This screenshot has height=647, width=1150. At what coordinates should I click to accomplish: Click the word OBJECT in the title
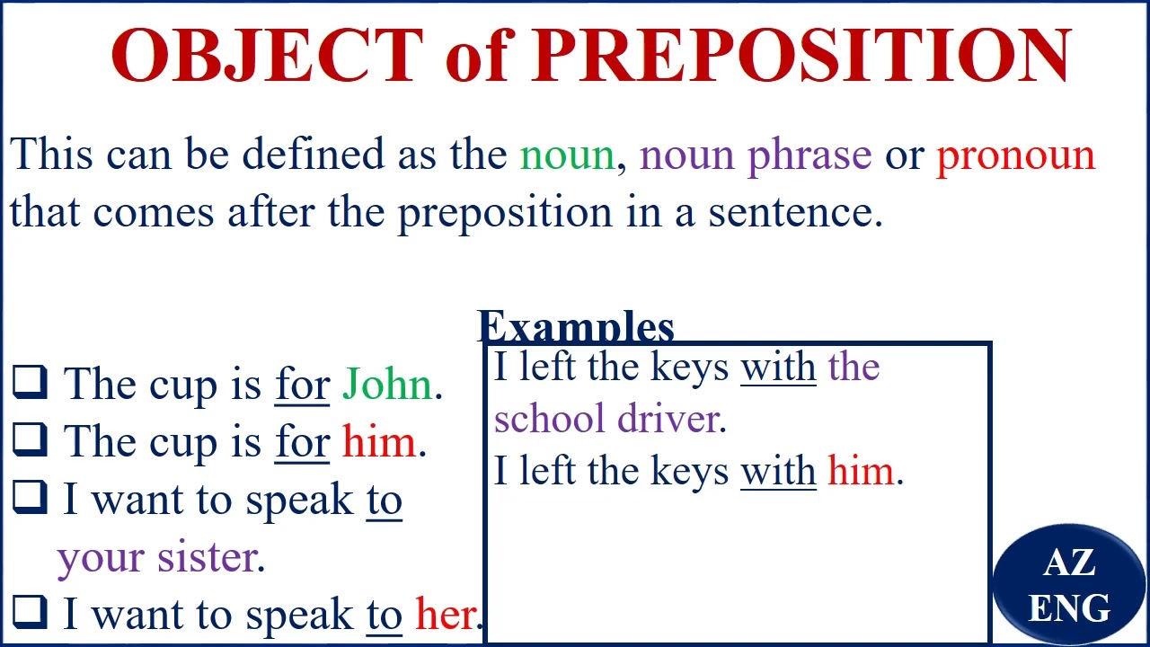pyautogui.click(x=267, y=56)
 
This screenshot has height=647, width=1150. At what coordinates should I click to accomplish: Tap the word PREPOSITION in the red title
pyautogui.click(x=801, y=56)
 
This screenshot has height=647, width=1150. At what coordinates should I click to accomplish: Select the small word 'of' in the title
pyautogui.click(x=476, y=56)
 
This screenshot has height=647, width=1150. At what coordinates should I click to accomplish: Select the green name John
pyautogui.click(x=387, y=385)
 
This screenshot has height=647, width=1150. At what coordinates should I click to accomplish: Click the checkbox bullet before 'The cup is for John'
pyautogui.click(x=30, y=383)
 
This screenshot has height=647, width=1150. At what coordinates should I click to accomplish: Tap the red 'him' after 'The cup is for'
pyautogui.click(x=378, y=442)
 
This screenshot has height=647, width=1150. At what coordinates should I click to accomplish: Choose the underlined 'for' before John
pyautogui.click(x=302, y=385)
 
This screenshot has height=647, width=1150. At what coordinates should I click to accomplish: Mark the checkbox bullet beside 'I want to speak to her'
pyautogui.click(x=30, y=613)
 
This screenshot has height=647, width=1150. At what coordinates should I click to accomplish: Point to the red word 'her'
pyautogui.click(x=445, y=615)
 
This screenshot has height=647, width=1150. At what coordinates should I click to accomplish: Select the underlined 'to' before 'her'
pyautogui.click(x=384, y=616)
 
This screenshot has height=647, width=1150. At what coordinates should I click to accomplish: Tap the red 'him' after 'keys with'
pyautogui.click(x=861, y=471)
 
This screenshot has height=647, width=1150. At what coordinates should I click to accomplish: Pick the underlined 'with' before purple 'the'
pyautogui.click(x=777, y=368)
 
